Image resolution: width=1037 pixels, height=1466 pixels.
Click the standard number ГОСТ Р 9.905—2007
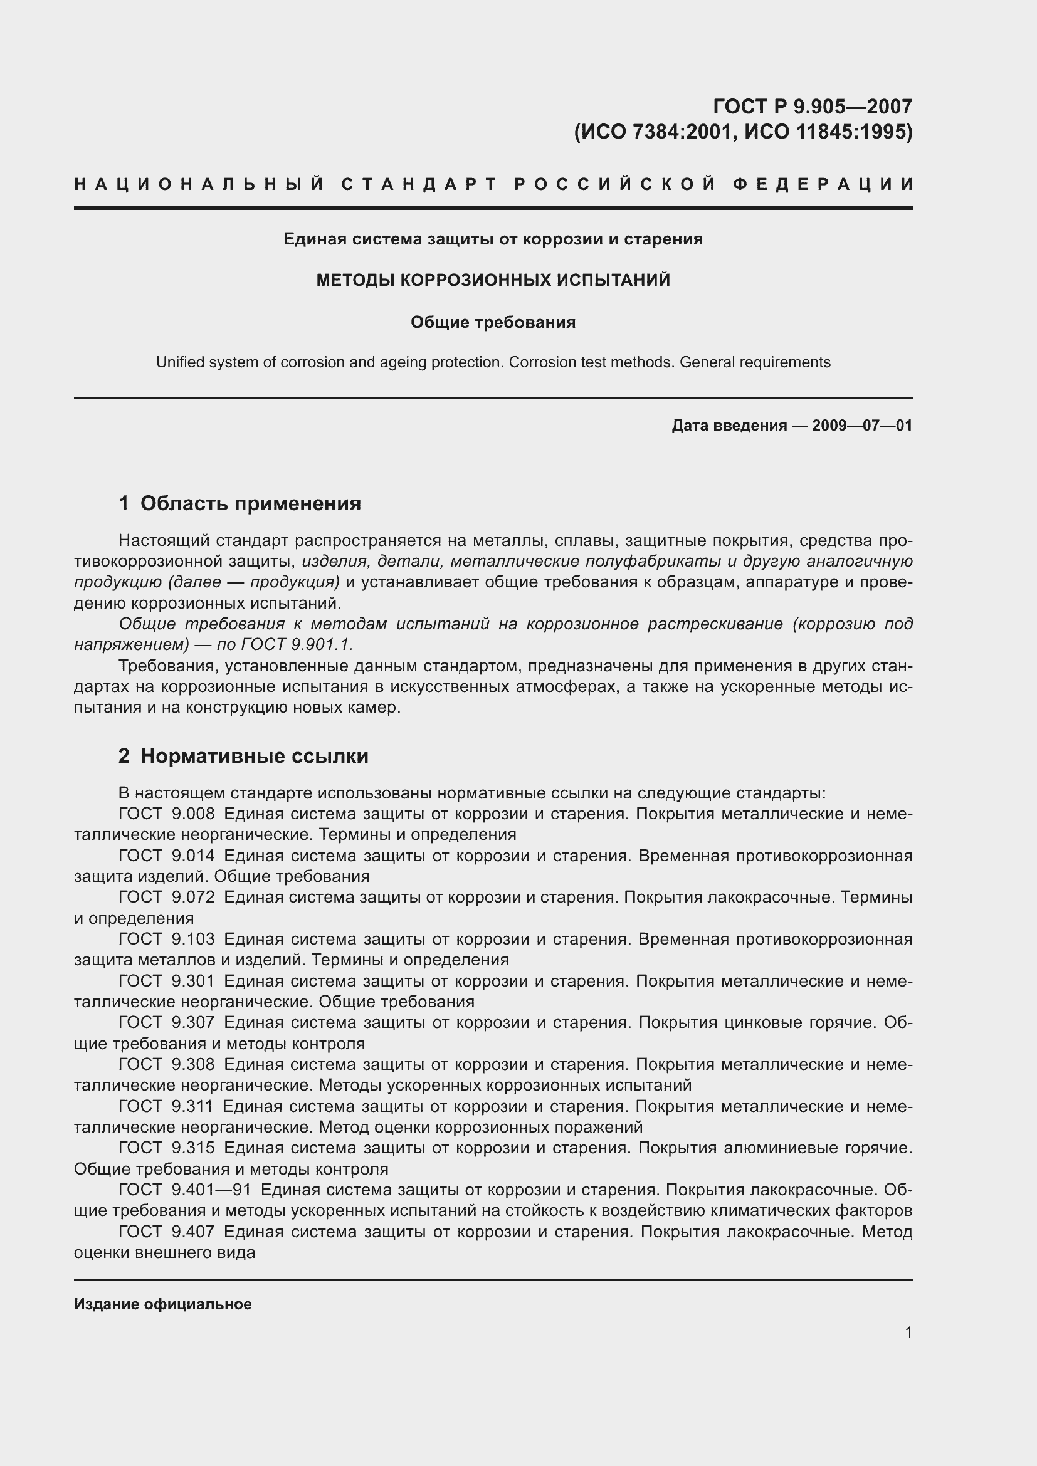coord(812,106)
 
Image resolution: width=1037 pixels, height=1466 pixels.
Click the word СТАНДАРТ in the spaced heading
coord(419,185)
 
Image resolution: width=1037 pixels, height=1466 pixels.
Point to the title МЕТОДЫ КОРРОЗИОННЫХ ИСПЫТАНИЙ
coord(493,280)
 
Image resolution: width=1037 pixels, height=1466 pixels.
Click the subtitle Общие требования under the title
coord(493,322)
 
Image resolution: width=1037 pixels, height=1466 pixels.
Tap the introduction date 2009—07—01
coord(862,425)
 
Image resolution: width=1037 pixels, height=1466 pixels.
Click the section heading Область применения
coord(250,504)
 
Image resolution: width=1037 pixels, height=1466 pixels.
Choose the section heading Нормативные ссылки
coord(254,756)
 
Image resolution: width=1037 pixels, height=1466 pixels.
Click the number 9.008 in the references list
coord(193,814)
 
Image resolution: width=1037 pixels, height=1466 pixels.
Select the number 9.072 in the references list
coord(193,897)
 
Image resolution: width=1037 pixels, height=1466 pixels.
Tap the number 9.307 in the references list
coord(193,1022)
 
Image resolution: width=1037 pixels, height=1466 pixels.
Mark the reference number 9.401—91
coord(211,1190)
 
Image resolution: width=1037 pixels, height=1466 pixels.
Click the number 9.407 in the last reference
coord(193,1232)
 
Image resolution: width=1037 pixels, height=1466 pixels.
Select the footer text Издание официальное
coord(163,1304)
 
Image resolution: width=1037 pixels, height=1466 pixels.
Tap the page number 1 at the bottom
coord(908,1332)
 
